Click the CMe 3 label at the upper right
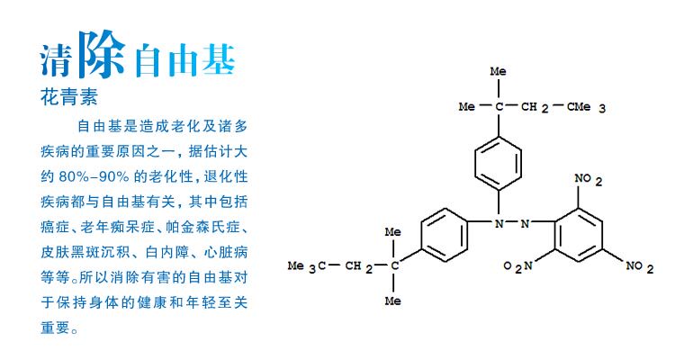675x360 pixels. point(587,108)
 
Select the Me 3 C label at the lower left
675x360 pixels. point(303,265)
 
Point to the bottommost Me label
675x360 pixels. point(393,301)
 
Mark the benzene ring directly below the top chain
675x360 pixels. point(498,161)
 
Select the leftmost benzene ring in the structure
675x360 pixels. point(442,236)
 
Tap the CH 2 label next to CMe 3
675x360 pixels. point(537,108)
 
